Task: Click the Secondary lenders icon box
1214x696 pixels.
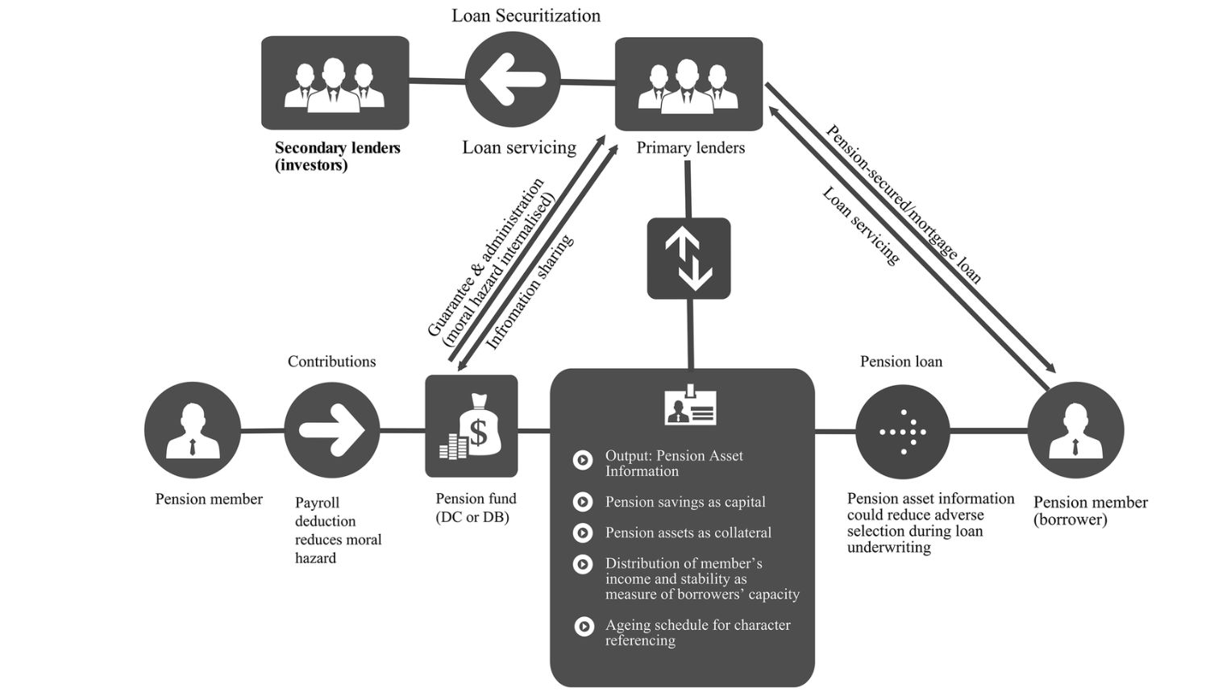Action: pyautogui.click(x=335, y=82)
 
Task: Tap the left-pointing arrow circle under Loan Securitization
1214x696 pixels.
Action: pyautogui.click(x=513, y=80)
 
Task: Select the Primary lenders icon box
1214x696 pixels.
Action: pyautogui.click(x=688, y=83)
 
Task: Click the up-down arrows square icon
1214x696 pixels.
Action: pyautogui.click(x=688, y=259)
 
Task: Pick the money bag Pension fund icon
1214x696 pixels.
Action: pyautogui.click(x=472, y=426)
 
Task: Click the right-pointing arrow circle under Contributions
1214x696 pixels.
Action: pyautogui.click(x=332, y=430)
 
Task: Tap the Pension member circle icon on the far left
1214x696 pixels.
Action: pyautogui.click(x=193, y=430)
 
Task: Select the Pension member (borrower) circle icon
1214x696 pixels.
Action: pyautogui.click(x=1075, y=430)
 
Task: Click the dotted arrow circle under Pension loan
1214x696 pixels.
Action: pyautogui.click(x=902, y=432)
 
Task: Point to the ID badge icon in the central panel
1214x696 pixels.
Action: pyautogui.click(x=690, y=407)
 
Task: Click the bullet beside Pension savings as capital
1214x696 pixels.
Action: pyautogui.click(x=582, y=502)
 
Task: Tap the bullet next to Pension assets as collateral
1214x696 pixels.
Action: pyautogui.click(x=582, y=532)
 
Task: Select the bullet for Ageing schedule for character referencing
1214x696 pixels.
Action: pyautogui.click(x=584, y=626)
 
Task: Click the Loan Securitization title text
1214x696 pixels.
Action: pyautogui.click(x=526, y=15)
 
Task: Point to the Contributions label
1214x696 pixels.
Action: pyautogui.click(x=331, y=362)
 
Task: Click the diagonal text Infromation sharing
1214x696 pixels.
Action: pyautogui.click(x=530, y=292)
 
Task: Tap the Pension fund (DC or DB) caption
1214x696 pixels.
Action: pyautogui.click(x=476, y=507)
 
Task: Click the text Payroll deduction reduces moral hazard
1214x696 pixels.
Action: pyautogui.click(x=338, y=530)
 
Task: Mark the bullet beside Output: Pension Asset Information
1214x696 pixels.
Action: pyautogui.click(x=582, y=460)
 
